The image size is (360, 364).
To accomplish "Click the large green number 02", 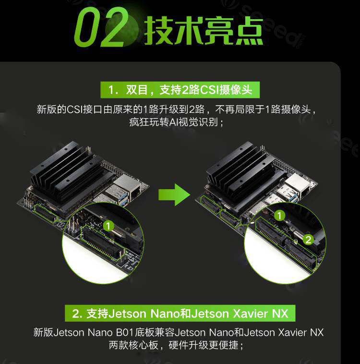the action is point(101,27).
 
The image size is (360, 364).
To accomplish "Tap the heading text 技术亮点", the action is point(204,31).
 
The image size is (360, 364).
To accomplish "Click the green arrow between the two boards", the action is point(174,194).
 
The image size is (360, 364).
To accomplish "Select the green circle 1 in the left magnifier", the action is point(108,226).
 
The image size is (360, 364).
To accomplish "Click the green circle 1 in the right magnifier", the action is point(279,216).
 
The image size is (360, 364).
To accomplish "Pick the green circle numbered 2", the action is point(308,240).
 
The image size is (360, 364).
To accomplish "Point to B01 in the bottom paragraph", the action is point(125,333).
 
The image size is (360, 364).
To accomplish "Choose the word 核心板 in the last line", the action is point(143,345).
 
